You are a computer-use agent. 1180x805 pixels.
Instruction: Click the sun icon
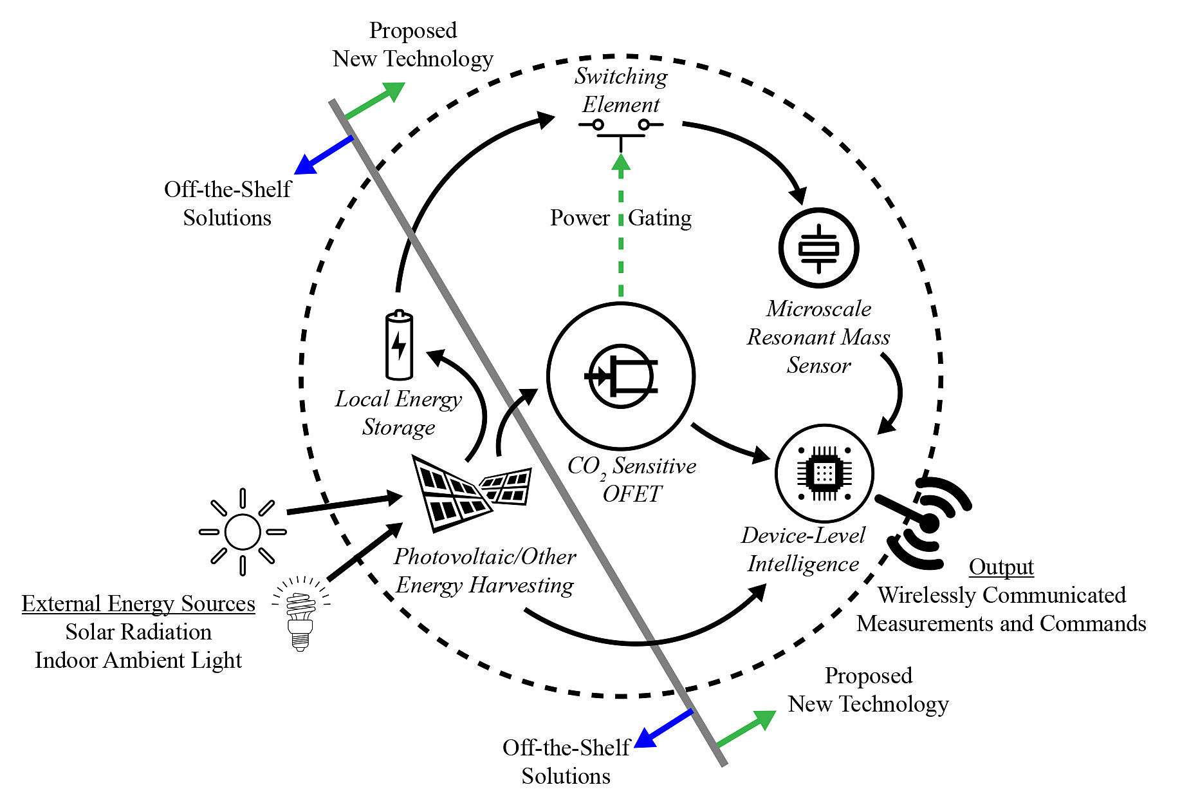243,532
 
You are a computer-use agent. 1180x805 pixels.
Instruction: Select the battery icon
399,346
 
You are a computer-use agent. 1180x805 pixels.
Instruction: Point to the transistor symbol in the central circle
620,376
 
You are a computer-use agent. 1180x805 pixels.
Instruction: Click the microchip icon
824,474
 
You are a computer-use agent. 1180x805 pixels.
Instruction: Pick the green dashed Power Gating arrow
621,225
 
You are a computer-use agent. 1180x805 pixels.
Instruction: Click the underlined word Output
1001,567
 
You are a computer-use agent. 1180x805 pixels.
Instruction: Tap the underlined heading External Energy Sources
138,603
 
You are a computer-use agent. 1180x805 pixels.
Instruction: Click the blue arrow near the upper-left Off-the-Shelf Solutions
324,155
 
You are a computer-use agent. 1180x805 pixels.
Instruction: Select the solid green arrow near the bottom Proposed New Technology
746,729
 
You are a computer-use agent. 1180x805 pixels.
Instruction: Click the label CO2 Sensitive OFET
632,479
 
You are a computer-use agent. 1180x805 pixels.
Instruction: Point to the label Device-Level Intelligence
803,549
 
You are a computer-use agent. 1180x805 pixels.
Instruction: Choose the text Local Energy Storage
399,413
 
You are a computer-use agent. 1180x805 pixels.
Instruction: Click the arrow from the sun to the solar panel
344,504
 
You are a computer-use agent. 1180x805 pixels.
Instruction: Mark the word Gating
659,218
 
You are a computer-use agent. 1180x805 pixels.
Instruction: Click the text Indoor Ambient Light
138,660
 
